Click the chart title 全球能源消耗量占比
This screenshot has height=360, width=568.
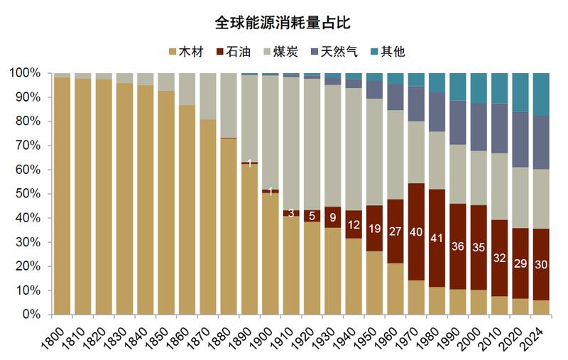pyautogui.click(x=283, y=23)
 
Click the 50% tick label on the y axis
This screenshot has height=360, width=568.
pyautogui.click(x=31, y=194)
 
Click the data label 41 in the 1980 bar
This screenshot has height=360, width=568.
pyautogui.click(x=437, y=239)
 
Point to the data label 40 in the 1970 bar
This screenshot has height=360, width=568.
pyautogui.click(x=416, y=231)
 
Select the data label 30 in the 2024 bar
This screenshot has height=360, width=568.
pyautogui.click(x=540, y=264)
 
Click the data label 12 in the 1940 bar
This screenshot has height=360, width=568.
pyautogui.click(x=354, y=225)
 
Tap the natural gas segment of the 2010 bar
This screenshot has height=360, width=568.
pyautogui.click(x=499, y=129)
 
